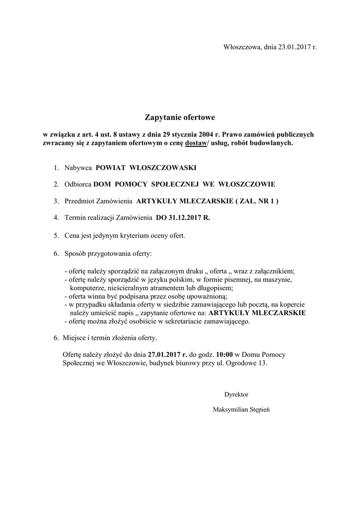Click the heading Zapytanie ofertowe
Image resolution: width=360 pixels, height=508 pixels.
180,118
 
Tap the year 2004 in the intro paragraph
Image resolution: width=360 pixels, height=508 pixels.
207,134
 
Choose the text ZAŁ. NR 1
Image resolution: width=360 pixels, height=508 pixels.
257,201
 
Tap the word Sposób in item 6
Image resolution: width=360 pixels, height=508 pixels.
75,254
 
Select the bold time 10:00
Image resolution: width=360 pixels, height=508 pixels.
225,355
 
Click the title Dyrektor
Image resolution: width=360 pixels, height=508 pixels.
236,394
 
